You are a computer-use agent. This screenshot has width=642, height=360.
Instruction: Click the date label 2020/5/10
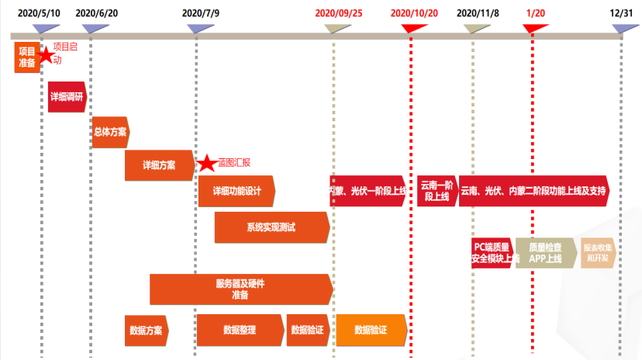click(40, 13)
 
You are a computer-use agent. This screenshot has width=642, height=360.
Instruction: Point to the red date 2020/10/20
click(414, 13)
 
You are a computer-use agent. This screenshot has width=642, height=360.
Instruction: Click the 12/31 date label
click(622, 13)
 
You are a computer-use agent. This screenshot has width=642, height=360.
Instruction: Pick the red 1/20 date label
click(536, 13)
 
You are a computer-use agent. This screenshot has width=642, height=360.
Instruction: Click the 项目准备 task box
click(26, 57)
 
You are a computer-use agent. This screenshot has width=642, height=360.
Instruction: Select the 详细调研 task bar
click(67, 97)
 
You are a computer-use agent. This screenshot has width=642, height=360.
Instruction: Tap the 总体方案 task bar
click(109, 131)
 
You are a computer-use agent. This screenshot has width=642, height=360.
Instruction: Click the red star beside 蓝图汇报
click(207, 164)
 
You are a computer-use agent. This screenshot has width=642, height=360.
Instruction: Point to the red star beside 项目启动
click(46, 56)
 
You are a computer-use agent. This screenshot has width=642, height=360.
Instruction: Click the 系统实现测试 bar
click(271, 227)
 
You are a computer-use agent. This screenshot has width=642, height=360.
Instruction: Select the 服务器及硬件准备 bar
click(240, 289)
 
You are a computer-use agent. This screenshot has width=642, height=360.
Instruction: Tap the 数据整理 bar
click(240, 330)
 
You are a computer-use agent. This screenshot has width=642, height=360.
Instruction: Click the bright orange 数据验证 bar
click(371, 330)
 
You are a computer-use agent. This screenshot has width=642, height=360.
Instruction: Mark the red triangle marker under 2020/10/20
click(414, 29)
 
